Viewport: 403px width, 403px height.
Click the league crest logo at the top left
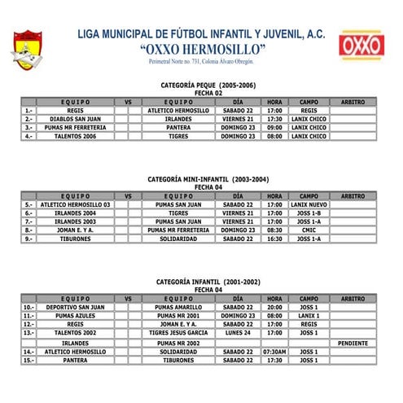28,48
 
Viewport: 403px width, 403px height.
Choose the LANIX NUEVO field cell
309,204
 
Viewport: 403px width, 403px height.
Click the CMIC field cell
309,230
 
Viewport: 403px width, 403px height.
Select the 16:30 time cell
274,239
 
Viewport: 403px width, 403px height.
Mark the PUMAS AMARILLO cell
178,307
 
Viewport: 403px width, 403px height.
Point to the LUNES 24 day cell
239,333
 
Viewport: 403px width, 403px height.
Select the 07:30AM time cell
274,352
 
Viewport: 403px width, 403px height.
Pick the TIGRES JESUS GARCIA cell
178,333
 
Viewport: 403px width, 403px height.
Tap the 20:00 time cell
274,307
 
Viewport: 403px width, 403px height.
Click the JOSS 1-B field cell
309,212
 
